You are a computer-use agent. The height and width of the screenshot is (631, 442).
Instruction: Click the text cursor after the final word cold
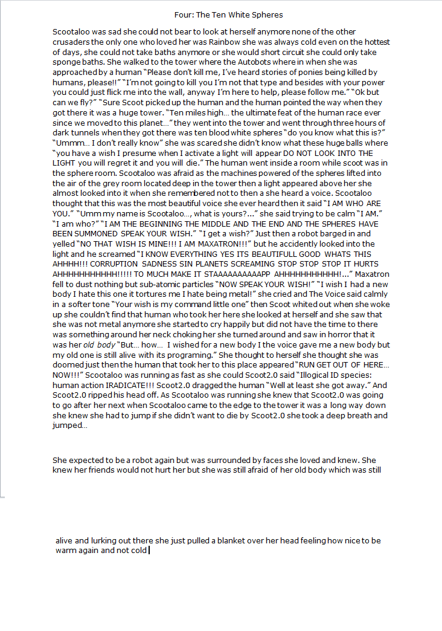pyautogui.click(x=149, y=551)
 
